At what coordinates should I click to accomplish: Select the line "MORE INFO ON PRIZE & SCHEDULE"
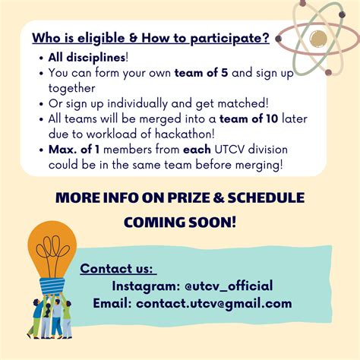pyautogui.click(x=180, y=198)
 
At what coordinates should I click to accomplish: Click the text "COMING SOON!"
pyautogui.click(x=180, y=222)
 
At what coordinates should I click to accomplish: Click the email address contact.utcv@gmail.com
pyautogui.click(x=213, y=303)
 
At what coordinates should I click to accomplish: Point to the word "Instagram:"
pyautogui.click(x=146, y=286)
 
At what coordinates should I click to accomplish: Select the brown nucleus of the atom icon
pyautogui.click(x=319, y=38)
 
